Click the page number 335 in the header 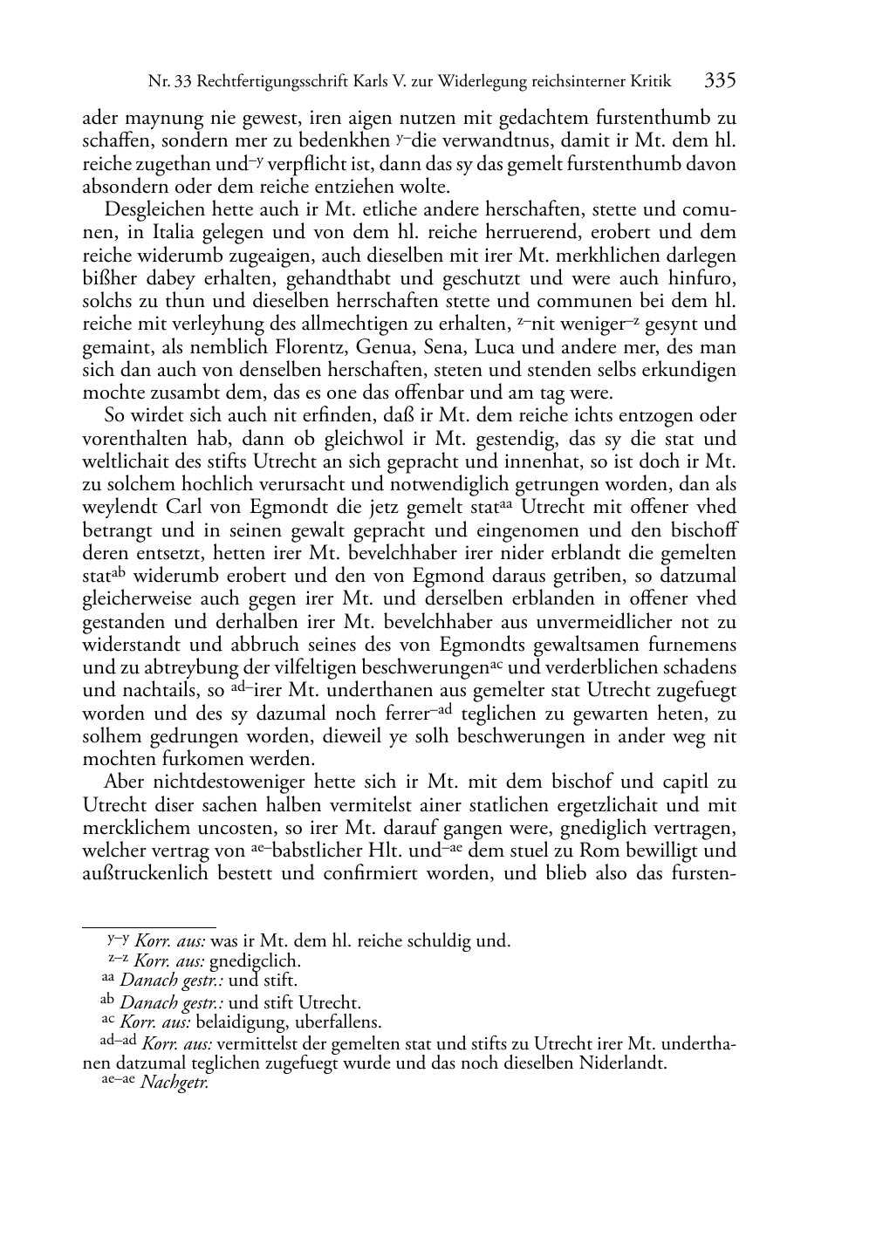click(721, 81)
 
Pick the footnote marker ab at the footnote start click(108, 1001)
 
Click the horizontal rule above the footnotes click(148, 927)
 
